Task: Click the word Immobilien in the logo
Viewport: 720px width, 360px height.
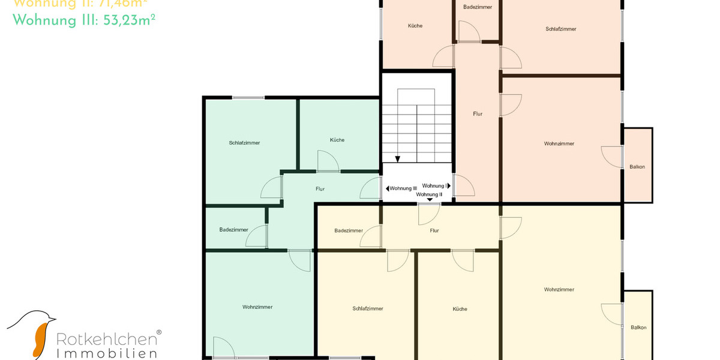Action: (107, 353)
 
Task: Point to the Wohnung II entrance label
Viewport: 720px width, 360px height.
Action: (429, 194)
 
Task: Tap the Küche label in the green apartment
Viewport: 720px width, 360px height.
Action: (337, 140)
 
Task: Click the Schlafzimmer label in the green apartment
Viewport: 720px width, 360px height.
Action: (244, 143)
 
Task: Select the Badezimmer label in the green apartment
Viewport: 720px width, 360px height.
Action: (233, 230)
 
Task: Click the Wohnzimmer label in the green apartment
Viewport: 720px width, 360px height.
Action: (257, 307)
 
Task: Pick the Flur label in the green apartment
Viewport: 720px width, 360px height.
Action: (320, 189)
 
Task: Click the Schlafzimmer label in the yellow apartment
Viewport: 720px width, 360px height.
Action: (368, 308)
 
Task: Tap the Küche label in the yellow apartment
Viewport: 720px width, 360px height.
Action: (460, 309)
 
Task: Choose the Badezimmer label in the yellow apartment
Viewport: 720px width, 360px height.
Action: (349, 230)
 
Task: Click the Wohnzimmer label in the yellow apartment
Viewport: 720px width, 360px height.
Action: (559, 289)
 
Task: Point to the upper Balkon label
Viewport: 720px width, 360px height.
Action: (637, 167)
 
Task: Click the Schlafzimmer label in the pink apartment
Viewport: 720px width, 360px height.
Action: (561, 29)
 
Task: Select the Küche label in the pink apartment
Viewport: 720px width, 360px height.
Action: (415, 26)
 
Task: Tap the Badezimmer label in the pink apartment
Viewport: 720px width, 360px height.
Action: (478, 7)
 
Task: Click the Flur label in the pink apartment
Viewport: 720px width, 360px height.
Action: (478, 113)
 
